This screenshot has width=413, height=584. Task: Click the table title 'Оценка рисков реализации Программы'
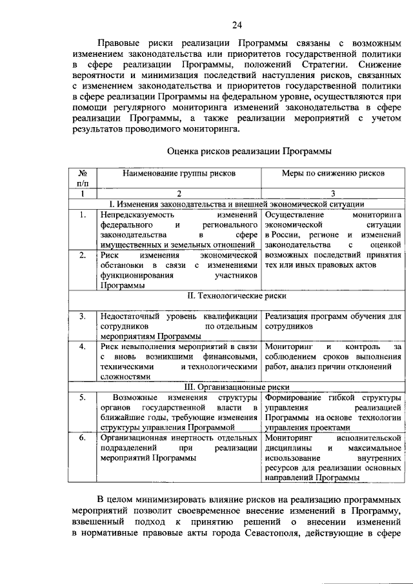248,152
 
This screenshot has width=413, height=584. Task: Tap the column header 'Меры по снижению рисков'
333,174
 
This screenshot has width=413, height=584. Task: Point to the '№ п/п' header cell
83,179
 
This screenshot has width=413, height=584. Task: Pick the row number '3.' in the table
83,316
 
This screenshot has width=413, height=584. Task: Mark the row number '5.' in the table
83,398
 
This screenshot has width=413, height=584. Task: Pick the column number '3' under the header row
333,193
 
